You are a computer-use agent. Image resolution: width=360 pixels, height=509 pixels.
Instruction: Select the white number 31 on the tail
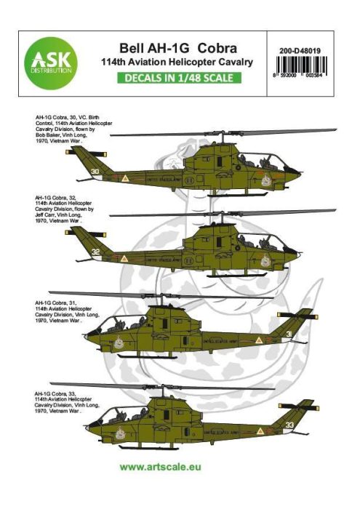(x=289, y=334)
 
